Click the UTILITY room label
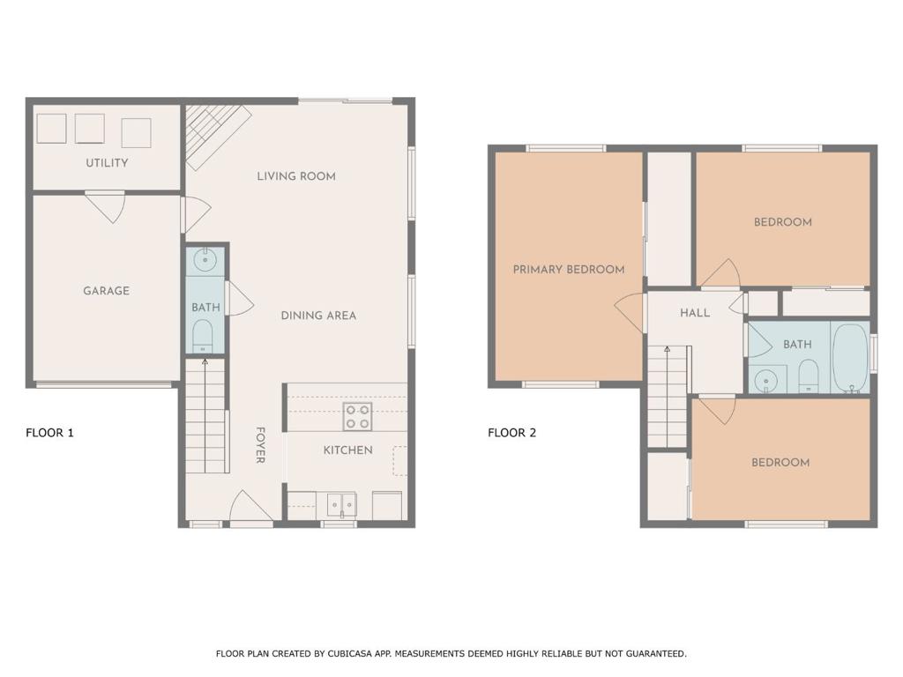tap(107, 163)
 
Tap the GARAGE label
tap(106, 291)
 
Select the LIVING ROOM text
tap(296, 176)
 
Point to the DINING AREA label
tap(318, 316)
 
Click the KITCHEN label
tap(347, 450)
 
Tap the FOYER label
tap(260, 445)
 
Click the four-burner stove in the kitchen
tap(358, 417)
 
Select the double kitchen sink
tap(341, 504)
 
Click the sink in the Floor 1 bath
tap(205, 260)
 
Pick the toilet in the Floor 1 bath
tap(203, 336)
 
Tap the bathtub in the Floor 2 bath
tap(850, 358)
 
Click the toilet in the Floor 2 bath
tap(809, 376)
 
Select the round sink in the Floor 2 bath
tap(766, 381)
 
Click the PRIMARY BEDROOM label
tap(569, 270)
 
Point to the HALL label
tap(695, 313)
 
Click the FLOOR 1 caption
tap(49, 433)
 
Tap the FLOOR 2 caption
tap(512, 433)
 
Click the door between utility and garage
tap(106, 206)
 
